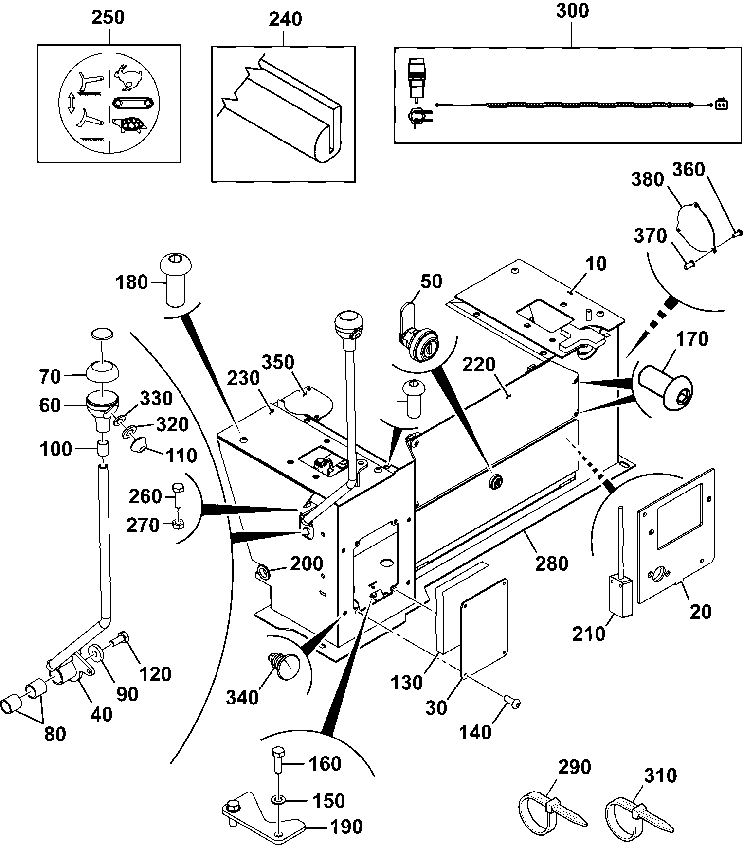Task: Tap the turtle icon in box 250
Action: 129,125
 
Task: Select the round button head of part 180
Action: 175,265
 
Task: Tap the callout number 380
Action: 648,179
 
